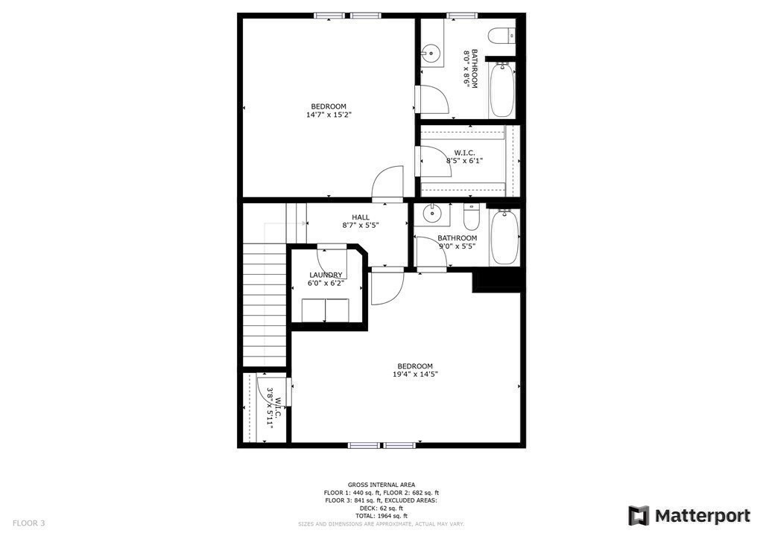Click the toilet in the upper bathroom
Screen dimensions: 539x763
[504, 34]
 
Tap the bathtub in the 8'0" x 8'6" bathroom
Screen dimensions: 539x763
[501, 89]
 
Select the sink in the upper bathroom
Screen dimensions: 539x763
[431, 53]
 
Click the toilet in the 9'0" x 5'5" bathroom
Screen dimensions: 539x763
[471, 217]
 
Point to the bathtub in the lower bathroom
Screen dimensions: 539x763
[504, 237]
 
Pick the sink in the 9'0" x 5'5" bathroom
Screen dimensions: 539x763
[432, 214]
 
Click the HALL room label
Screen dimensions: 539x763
[361, 217]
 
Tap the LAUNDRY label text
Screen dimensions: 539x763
[326, 275]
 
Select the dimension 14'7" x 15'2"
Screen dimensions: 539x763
[329, 115]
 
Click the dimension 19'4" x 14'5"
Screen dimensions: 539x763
[415, 374]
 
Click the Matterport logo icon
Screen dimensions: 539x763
[639, 515]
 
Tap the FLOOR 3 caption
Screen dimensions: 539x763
[28, 523]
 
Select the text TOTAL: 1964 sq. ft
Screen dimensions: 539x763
[381, 515]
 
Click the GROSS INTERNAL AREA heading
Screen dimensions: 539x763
[381, 485]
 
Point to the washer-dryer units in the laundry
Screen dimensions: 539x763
[326, 310]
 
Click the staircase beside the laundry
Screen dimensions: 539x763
[265, 305]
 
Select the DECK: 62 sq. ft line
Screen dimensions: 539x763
[381, 508]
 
